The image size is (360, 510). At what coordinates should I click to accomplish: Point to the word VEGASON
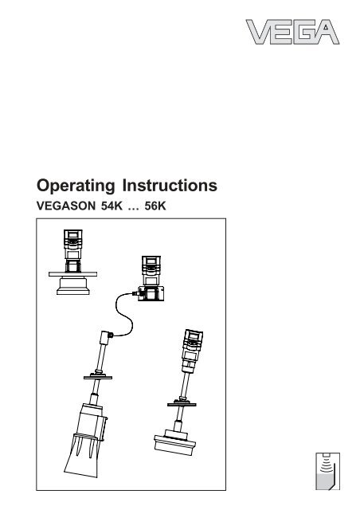tap(68, 205)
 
